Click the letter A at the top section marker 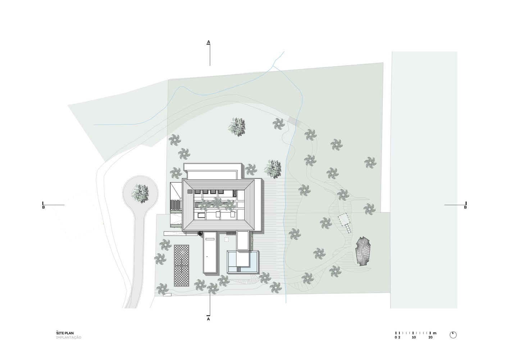click(209, 42)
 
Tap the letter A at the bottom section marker click(209, 319)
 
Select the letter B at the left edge click(44, 208)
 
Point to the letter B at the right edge click(465, 208)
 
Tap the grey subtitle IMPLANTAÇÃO click(69, 338)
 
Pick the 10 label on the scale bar click(414, 338)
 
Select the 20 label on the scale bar click(431, 338)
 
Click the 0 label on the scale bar click(396, 338)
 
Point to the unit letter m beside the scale click(435, 333)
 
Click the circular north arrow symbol click(453, 335)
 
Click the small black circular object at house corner click(200, 234)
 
